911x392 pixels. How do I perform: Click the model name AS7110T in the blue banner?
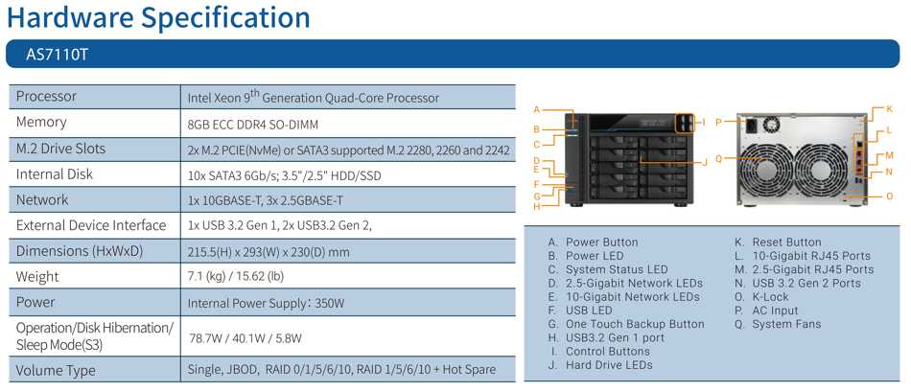[x=57, y=55]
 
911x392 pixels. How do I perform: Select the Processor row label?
[x=46, y=97]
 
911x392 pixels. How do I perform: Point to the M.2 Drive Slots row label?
[x=60, y=149]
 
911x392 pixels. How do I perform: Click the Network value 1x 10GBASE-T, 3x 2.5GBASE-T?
[x=265, y=200]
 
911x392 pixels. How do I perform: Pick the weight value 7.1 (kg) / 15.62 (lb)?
[x=236, y=276]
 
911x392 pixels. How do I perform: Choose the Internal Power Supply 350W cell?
[x=267, y=303]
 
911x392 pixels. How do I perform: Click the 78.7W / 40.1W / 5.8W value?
[x=245, y=338]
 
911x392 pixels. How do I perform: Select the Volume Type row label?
[x=56, y=371]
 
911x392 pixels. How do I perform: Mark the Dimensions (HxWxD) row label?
[x=79, y=251]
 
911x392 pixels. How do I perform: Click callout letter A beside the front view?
[x=537, y=109]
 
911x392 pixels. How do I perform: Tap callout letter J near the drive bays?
[x=706, y=162]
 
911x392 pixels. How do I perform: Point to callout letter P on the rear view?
[x=718, y=122]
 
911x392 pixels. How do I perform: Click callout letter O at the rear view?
[x=890, y=196]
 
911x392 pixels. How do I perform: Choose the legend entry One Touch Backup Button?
[x=635, y=324]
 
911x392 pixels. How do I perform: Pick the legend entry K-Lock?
[x=770, y=297]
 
